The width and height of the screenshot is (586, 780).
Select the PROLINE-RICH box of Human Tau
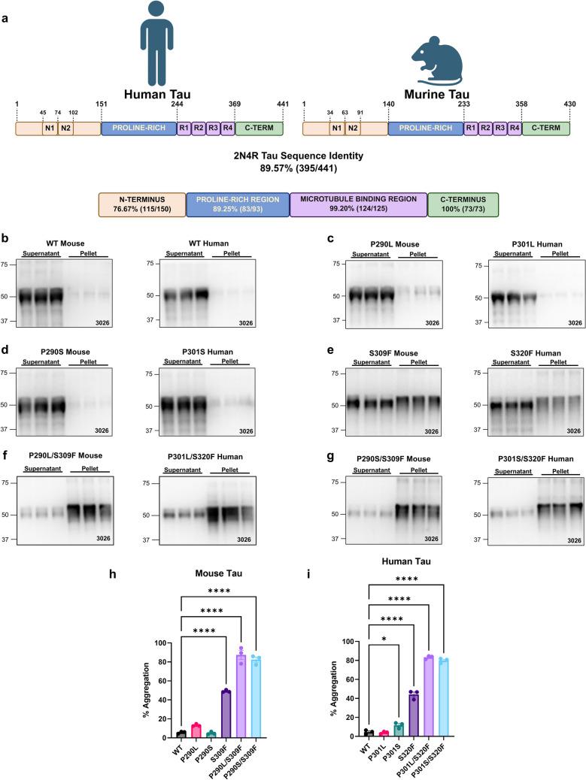pyautogui.click(x=138, y=128)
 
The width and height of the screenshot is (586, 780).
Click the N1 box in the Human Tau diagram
pyautogui.click(x=50, y=128)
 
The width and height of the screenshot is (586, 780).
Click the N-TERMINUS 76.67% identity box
pyautogui.click(x=141, y=203)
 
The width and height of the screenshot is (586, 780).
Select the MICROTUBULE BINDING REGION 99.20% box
pyautogui.click(x=358, y=203)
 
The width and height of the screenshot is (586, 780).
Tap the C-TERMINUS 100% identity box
pyautogui.click(x=462, y=203)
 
